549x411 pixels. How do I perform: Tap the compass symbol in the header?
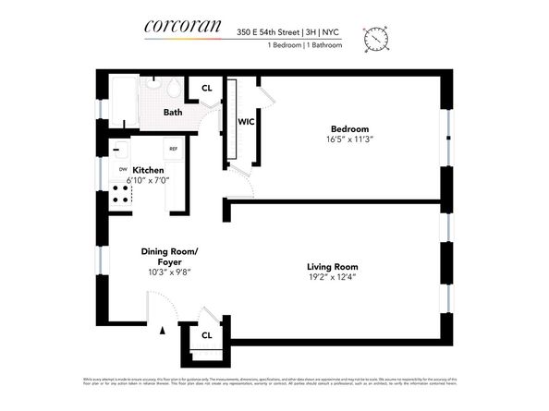point(376,38)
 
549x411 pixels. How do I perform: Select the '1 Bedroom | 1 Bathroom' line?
point(304,45)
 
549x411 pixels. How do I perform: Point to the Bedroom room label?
point(350,128)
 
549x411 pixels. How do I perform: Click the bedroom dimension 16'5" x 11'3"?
point(350,139)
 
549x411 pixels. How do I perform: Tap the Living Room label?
point(332,268)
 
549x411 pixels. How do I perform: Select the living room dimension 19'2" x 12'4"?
point(332,279)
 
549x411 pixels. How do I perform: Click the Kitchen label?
point(148,171)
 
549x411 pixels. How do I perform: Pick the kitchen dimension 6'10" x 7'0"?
point(148,182)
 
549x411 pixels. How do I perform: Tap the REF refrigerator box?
point(172,149)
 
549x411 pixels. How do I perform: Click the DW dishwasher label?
point(122,170)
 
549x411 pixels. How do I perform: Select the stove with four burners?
point(119,193)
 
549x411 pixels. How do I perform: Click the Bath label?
point(173,113)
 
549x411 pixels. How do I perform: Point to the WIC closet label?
point(246,121)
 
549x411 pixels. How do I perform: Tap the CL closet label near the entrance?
point(207,335)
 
